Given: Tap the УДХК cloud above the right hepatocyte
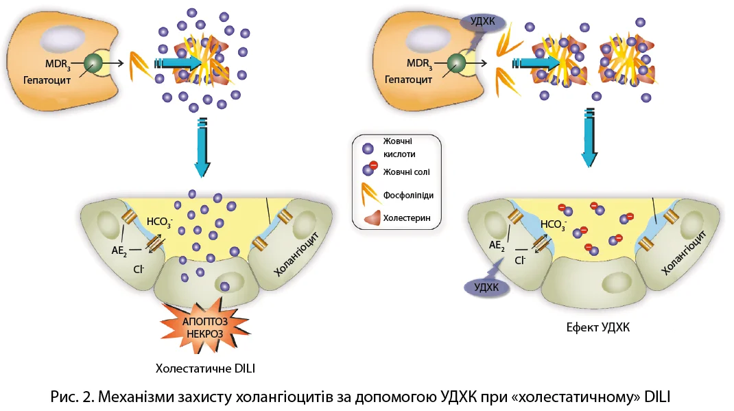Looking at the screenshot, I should point(481,21).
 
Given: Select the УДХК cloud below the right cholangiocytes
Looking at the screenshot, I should point(487,286).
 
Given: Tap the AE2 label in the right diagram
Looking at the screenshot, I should point(497,246).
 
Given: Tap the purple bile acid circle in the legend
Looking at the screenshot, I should point(368,148).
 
